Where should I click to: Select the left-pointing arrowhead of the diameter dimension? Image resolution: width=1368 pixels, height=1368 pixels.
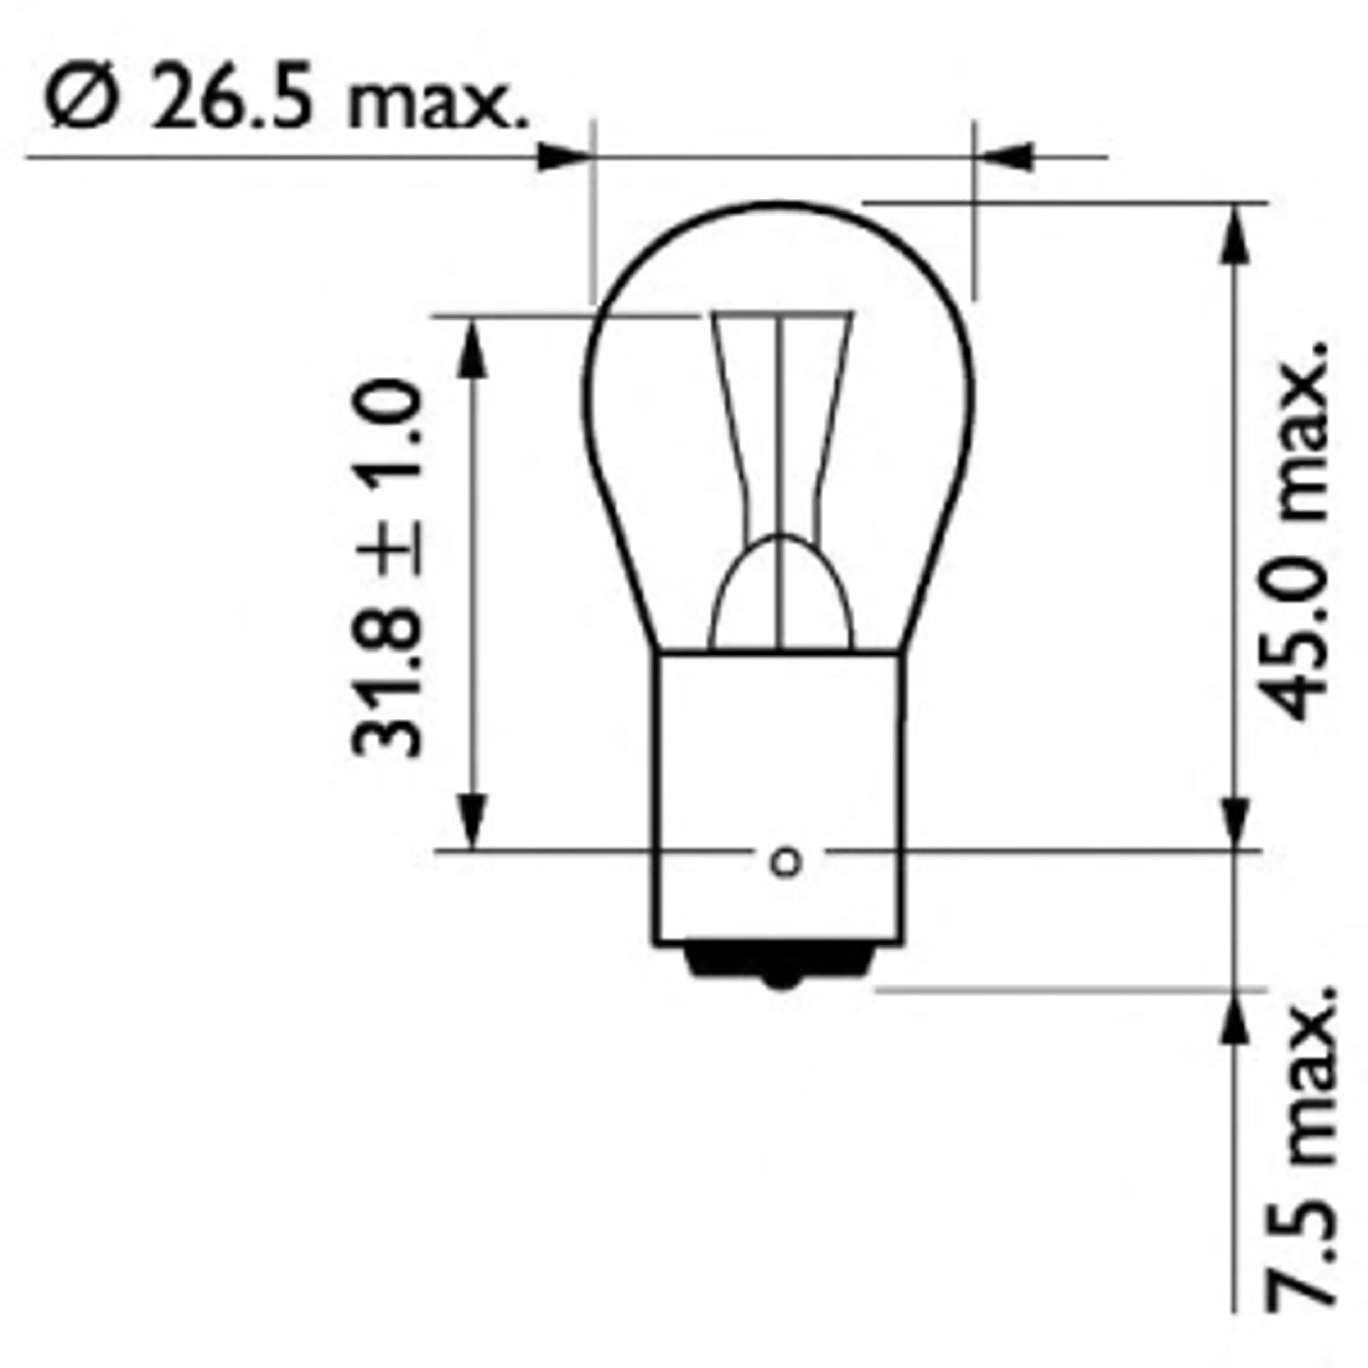pos(1004,157)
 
